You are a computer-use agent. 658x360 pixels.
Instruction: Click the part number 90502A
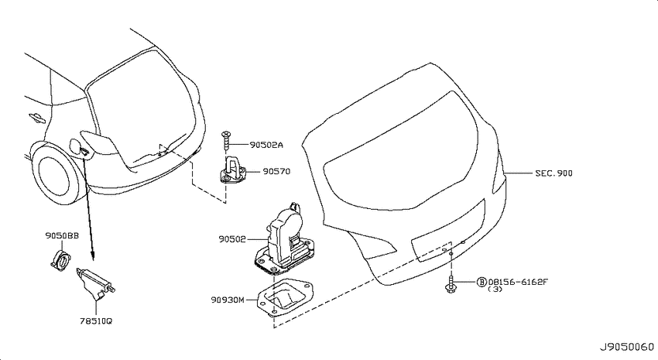point(266,146)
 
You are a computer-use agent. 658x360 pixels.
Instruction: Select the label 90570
point(276,172)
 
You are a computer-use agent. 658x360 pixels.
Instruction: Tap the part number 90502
point(232,239)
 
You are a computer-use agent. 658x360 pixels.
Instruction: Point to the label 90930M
point(228,300)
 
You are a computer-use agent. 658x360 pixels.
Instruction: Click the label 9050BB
point(62,236)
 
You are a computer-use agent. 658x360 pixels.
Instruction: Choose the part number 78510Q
point(96,321)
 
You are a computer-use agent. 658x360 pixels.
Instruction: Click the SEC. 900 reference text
point(553,173)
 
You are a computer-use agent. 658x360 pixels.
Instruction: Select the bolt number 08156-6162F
point(518,282)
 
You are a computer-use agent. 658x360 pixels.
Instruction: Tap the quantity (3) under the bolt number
point(495,289)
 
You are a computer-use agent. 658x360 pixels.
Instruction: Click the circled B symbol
point(482,282)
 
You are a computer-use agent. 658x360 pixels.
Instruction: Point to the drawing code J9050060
point(626,348)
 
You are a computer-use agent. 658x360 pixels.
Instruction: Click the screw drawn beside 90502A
point(227,140)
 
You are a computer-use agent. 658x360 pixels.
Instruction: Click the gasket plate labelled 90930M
point(284,298)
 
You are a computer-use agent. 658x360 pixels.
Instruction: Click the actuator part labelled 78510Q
point(95,284)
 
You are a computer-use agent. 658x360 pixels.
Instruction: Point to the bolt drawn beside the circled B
point(451,283)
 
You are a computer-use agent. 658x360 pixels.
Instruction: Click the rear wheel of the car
point(54,173)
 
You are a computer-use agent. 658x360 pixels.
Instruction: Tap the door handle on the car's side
point(37,118)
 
